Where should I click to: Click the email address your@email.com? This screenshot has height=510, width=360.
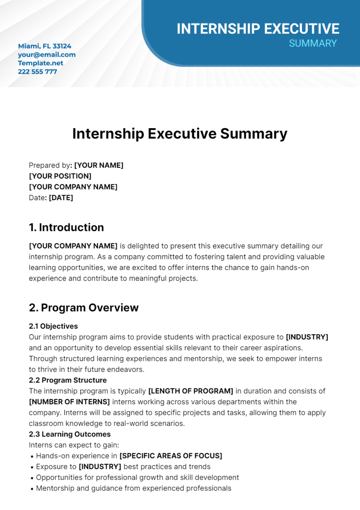(x=46, y=55)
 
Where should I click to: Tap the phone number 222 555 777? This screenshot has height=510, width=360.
(x=37, y=71)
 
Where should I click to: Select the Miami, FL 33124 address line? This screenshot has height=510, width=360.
(x=45, y=46)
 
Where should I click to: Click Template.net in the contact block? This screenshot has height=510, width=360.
(x=40, y=63)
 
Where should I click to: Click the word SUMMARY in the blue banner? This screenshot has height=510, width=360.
(x=313, y=43)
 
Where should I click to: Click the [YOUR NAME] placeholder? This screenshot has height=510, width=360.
(x=99, y=165)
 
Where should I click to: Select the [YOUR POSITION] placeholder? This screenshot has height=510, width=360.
(x=60, y=176)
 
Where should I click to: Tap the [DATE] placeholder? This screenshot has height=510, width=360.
(x=61, y=198)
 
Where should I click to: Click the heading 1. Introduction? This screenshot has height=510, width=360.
(x=66, y=227)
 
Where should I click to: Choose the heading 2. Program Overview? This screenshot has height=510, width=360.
(x=84, y=308)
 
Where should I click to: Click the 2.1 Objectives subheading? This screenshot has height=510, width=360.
(x=53, y=326)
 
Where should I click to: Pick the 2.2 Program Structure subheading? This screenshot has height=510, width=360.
(x=68, y=380)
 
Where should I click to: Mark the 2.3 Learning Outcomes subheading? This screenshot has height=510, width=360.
(x=70, y=434)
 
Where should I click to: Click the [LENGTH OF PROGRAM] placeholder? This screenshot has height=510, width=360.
(x=191, y=391)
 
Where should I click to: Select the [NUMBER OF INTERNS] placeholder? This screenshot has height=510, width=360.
(x=69, y=402)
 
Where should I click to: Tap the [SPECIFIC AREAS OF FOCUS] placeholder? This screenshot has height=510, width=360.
(x=171, y=456)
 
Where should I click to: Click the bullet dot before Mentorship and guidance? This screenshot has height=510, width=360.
(x=32, y=489)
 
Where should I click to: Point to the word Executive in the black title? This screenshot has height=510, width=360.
(x=182, y=134)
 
